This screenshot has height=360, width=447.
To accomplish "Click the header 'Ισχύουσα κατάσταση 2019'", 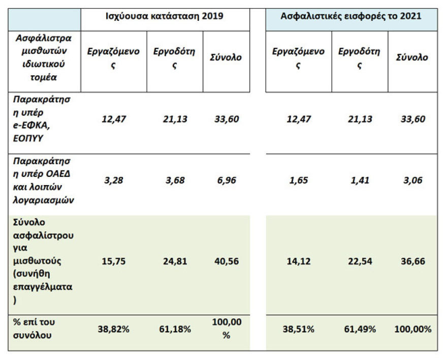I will coord(165,16).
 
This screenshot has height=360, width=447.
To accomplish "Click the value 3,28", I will coord(113,180).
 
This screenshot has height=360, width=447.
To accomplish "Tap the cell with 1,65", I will coord(298,180).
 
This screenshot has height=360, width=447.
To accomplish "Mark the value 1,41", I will coord(359,180).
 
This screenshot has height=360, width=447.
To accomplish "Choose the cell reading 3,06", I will coord(411,180).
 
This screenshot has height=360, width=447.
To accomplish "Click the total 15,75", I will coord(113,261).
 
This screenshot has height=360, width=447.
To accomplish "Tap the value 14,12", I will coord(298,261).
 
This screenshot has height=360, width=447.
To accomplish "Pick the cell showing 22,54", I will coord(359,261).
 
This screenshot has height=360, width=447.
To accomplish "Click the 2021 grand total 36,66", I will coord(411,261).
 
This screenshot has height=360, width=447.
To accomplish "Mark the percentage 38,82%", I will coord(113,329).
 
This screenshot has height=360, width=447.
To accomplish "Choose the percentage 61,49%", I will coord(359,329).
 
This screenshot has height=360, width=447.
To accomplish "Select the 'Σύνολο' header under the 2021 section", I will coord(411,57).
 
